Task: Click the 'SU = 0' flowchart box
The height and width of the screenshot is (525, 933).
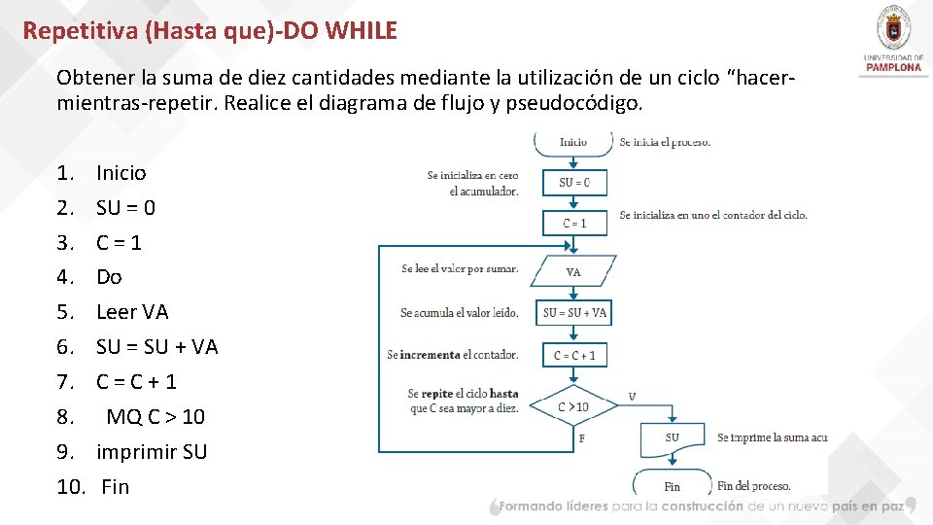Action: pos(574,183)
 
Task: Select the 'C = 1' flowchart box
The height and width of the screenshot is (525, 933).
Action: pos(574,224)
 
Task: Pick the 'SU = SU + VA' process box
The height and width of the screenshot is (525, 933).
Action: pos(574,312)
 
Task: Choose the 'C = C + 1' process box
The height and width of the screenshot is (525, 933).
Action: pos(574,355)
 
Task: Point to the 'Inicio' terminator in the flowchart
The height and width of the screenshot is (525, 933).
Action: pos(573,142)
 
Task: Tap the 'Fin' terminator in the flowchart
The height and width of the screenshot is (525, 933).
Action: pos(672,485)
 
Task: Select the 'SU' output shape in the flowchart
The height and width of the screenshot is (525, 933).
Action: pos(673,438)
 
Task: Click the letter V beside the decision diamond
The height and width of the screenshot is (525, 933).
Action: pos(633,397)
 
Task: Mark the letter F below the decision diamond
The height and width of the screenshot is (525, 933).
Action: pos(582,438)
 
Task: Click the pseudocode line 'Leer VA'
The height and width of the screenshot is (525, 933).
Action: pos(132,312)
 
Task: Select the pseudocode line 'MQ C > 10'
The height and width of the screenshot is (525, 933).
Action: pos(155,417)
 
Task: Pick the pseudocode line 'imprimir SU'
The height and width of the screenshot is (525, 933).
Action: pos(152,452)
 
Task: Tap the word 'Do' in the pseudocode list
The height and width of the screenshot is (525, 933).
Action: pos(109,277)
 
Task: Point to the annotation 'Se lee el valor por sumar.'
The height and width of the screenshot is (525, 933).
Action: pos(460,269)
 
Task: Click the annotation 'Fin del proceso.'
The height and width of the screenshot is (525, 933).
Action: pos(753,485)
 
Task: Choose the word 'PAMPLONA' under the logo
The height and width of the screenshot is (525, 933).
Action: pos(892,68)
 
